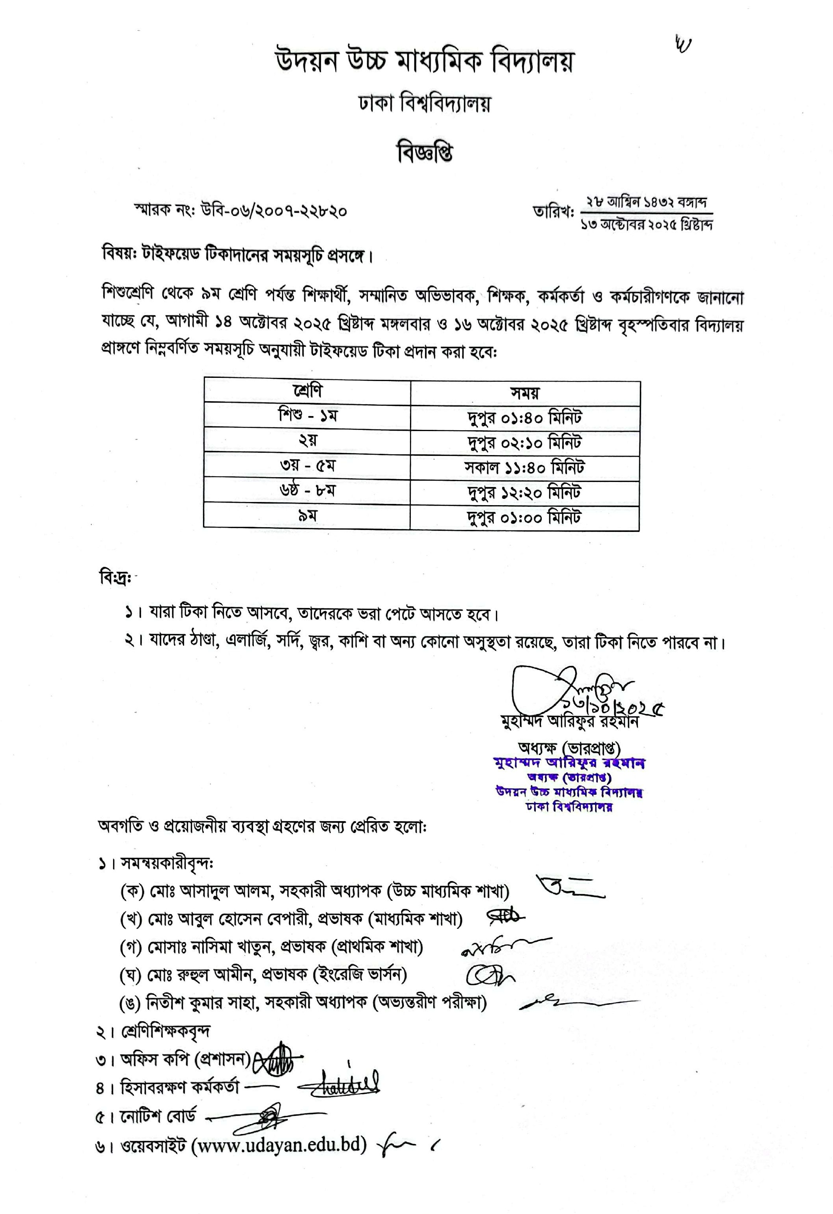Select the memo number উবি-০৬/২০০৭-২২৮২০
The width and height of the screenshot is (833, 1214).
coord(273,211)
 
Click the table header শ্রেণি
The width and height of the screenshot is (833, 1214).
coord(307,391)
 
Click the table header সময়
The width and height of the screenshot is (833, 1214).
coord(525,392)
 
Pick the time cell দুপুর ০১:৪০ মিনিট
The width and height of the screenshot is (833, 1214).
coord(524,417)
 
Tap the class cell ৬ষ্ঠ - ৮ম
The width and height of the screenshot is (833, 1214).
coord(307,491)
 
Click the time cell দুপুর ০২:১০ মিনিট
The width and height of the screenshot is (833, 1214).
coord(524,442)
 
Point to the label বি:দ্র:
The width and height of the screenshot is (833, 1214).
coord(115,578)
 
